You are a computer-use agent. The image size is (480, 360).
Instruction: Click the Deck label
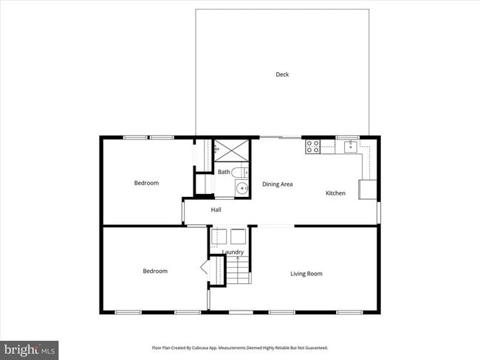pos(282,75)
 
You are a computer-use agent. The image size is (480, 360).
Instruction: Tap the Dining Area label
pos(278,184)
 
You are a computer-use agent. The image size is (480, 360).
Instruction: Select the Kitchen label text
pos(335,193)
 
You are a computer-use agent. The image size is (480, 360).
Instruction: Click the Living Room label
pos(306,274)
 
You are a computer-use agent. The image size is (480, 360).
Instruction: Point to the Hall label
pos(216,210)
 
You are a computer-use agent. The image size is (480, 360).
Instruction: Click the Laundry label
pos(233,252)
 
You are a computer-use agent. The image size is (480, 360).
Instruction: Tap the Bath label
pos(223,172)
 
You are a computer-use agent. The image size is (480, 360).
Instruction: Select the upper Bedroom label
pos(145,183)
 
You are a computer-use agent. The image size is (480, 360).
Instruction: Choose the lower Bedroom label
pos(154,271)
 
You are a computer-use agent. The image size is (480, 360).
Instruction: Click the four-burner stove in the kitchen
pos(312,147)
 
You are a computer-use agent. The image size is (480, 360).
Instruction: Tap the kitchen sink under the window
pos(349,146)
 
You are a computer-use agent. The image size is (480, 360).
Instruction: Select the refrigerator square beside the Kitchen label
pos(367,190)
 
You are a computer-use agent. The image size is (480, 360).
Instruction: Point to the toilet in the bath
pos(239,172)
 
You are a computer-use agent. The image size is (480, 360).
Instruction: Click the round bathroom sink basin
pos(241,188)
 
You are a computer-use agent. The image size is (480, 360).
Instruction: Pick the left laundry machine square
pos(219,236)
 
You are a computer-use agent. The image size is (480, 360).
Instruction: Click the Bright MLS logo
pos(30,347)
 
